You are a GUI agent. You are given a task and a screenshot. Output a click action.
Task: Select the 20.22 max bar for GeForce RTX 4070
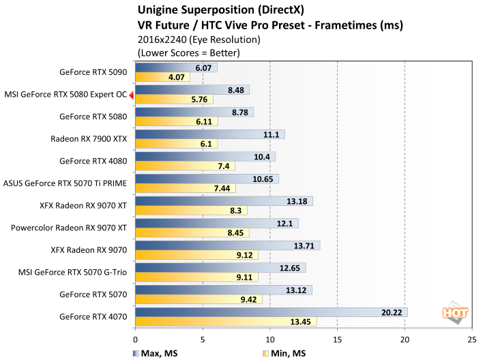tap(272, 312)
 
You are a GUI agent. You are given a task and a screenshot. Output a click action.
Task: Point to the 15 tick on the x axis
tap(337, 337)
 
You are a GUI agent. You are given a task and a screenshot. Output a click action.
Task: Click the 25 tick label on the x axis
tap(471, 337)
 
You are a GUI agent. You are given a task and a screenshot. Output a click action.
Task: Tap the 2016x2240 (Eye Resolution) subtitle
tap(189, 40)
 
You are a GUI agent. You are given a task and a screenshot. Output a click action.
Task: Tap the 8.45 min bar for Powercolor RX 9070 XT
tap(192, 233)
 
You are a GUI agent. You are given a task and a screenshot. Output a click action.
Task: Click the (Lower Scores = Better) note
tap(189, 52)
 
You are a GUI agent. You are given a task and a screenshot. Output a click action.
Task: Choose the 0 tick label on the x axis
tap(136, 337)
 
